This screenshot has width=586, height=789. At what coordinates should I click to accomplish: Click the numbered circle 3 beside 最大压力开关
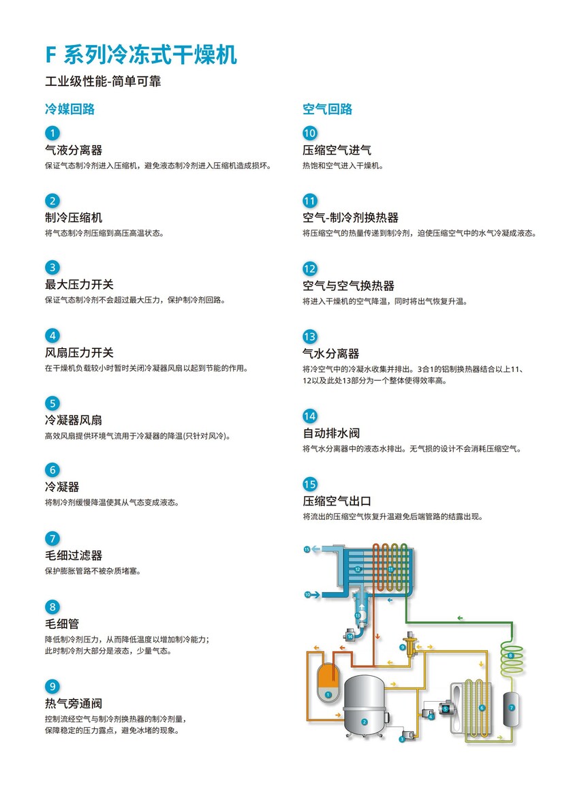click(52, 267)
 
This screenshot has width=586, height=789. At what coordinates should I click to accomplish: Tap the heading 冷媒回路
click(70, 109)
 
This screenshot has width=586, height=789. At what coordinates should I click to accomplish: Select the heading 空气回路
click(327, 109)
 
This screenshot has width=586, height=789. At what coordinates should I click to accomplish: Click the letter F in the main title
click(50, 55)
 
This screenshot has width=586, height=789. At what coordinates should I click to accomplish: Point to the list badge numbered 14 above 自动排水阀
click(309, 416)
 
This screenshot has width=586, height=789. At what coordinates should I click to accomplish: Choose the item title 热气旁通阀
click(74, 703)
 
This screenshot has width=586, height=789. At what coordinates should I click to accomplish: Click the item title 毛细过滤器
click(74, 555)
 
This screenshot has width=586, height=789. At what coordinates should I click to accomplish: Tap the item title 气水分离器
click(330, 354)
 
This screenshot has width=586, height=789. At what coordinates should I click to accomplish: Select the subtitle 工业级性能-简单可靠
click(103, 82)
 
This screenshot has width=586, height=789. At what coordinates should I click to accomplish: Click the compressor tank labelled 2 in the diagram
click(365, 705)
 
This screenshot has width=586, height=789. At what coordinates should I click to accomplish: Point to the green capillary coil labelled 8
click(512, 656)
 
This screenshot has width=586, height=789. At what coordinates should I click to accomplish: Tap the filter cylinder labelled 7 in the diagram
click(512, 709)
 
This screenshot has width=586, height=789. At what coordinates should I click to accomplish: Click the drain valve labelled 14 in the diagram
click(349, 635)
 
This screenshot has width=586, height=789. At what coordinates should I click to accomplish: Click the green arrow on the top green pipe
click(460, 618)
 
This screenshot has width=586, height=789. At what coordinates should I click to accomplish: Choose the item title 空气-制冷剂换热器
click(350, 218)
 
